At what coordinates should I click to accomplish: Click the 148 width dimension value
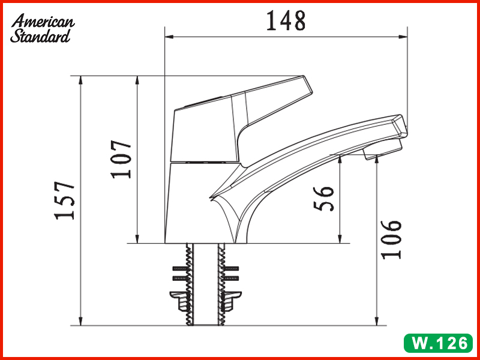coord(286,20)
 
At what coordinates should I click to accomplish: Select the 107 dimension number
coord(122,159)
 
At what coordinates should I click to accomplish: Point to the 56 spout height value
coord(325,198)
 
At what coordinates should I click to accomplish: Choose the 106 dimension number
coord(391,238)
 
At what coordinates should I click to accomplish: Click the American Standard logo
coord(42,28)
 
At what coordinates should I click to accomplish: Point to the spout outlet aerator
coord(381,151)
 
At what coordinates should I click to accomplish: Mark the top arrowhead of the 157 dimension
coord(80,80)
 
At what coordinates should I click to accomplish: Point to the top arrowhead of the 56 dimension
coord(341,158)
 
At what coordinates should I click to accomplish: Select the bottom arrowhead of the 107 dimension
coord(137,239)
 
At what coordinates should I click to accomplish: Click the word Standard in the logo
coord(40,36)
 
